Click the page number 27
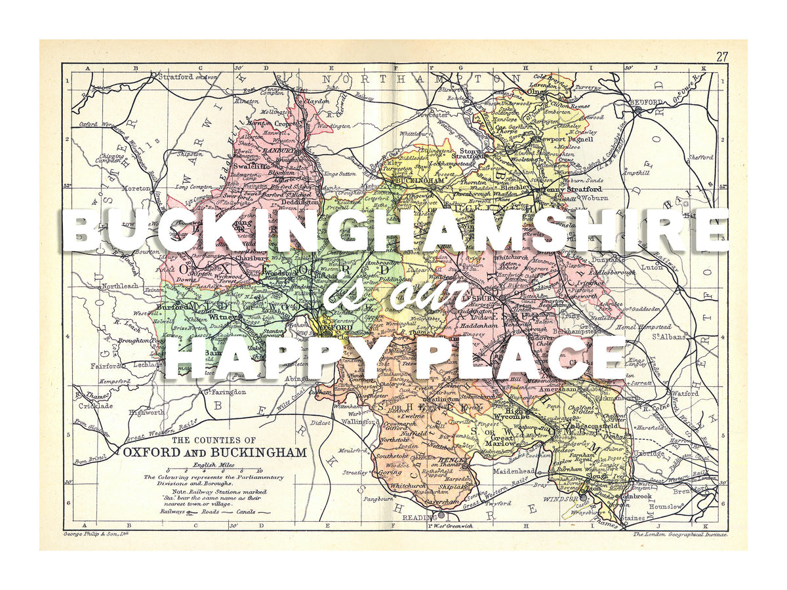722,56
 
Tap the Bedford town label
647,103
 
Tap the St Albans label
668,337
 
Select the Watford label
685,393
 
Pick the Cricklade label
96,406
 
